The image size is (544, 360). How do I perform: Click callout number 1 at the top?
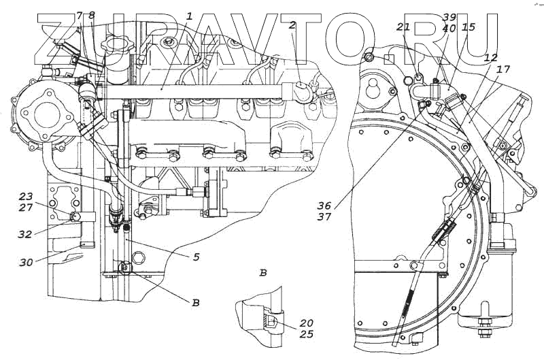[x=190, y=15]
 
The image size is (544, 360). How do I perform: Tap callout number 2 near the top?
[x=292, y=25]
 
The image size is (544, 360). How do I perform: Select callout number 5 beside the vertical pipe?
[x=195, y=257]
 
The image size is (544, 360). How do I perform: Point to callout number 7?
[x=80, y=14]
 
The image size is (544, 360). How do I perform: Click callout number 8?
[x=92, y=14]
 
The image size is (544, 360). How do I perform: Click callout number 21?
[x=403, y=27]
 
